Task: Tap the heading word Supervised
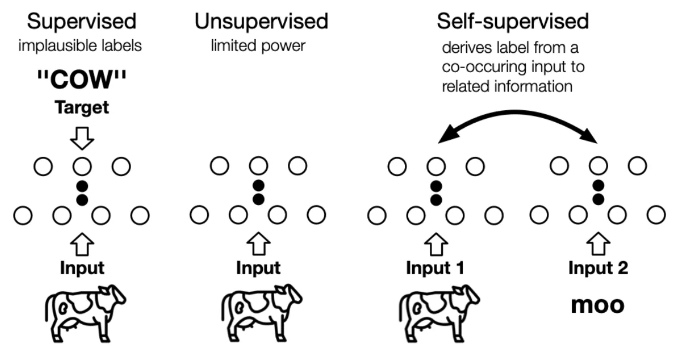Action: (82, 22)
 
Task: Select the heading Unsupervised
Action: (261, 22)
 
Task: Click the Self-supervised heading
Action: (512, 22)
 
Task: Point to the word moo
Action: (597, 305)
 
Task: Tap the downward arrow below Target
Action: (83, 137)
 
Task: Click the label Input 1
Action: (435, 269)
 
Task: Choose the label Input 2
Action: (598, 269)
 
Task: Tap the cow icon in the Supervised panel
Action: (85, 308)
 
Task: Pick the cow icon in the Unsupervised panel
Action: (261, 308)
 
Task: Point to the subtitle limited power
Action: (258, 45)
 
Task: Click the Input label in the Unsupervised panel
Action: (258, 269)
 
